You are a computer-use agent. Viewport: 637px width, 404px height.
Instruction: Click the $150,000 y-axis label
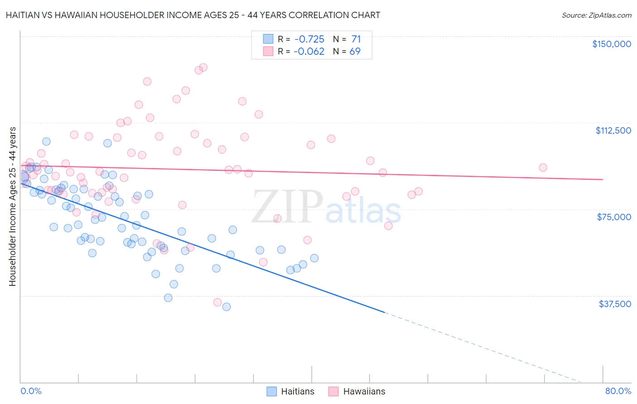pyautogui.click(x=611, y=44)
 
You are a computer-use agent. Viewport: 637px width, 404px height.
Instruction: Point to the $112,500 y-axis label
pyautogui.click(x=613, y=130)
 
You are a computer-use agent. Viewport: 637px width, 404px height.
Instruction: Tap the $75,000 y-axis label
pyautogui.click(x=614, y=217)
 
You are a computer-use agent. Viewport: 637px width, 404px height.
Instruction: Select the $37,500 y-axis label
pyautogui.click(x=614, y=304)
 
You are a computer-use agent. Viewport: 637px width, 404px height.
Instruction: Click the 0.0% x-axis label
pyautogui.click(x=31, y=391)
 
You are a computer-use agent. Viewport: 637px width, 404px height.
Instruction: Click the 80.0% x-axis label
pyautogui.click(x=618, y=391)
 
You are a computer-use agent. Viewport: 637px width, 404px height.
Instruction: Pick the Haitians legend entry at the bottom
pyautogui.click(x=290, y=391)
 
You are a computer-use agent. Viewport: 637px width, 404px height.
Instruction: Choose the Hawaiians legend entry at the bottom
pyautogui.click(x=357, y=391)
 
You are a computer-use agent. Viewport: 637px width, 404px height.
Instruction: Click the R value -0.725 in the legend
pyautogui.click(x=309, y=39)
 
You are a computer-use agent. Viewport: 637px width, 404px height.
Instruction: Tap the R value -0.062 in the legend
pyautogui.click(x=309, y=52)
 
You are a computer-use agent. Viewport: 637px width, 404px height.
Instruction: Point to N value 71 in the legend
pyautogui.click(x=356, y=39)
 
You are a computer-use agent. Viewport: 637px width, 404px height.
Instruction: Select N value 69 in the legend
pyautogui.click(x=355, y=52)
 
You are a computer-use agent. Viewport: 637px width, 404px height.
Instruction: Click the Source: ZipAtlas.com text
pyautogui.click(x=596, y=15)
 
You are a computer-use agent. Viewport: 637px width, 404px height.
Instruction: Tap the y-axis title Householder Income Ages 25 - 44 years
pyautogui.click(x=12, y=207)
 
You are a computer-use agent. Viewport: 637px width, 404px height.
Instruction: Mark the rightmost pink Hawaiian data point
pyautogui.click(x=543, y=168)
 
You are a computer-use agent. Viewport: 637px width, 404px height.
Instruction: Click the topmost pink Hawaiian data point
pyautogui.click(x=203, y=67)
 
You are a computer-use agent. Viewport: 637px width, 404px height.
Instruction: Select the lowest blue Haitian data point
pyautogui.click(x=227, y=307)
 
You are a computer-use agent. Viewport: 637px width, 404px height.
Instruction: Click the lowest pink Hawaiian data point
pyautogui.click(x=217, y=302)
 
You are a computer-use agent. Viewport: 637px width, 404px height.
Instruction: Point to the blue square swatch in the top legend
pyautogui.click(x=268, y=39)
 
